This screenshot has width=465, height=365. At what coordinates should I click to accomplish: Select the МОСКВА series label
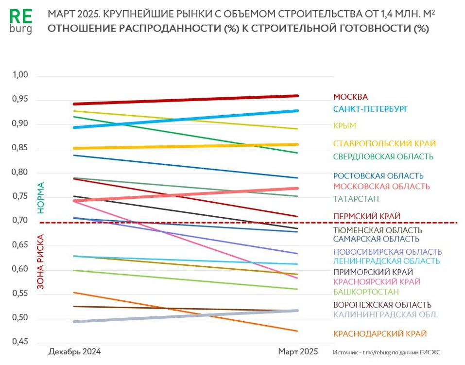click(350, 97)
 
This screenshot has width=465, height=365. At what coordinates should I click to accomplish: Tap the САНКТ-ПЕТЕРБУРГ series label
click(370, 109)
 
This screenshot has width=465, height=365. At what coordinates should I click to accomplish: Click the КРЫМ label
click(344, 126)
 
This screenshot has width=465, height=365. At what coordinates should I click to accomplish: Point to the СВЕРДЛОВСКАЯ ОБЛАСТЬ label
click(383, 156)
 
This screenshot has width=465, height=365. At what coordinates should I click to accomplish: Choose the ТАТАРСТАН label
click(356, 199)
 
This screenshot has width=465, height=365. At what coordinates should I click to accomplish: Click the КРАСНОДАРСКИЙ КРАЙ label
click(379, 334)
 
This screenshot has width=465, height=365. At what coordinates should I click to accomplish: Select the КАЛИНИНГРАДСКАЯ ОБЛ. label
click(385, 314)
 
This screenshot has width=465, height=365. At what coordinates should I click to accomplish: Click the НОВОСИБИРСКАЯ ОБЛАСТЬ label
click(387, 252)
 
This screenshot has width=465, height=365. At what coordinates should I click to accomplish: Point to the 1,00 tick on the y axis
click(21, 75)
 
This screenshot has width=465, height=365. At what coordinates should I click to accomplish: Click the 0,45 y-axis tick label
click(21, 342)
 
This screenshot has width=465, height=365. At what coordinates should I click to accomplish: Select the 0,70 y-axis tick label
click(21, 221)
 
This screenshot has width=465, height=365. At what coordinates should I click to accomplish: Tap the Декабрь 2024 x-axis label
click(75, 351)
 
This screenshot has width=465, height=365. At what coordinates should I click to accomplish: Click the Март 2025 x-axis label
click(297, 351)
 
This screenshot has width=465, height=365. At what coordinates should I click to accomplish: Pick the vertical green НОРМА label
click(41, 198)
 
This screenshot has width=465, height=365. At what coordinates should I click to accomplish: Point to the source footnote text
click(390, 352)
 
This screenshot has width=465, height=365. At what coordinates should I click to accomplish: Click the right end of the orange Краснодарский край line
click(297, 331)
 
